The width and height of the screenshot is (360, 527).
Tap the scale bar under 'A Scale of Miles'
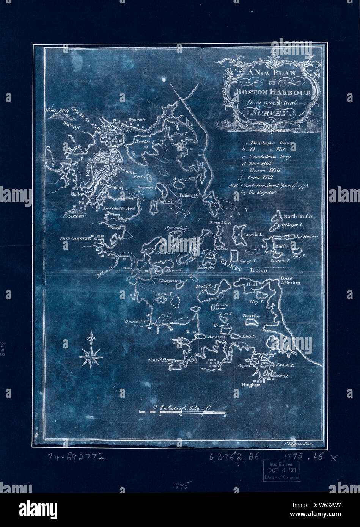182,413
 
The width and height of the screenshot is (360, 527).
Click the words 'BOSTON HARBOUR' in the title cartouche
267,92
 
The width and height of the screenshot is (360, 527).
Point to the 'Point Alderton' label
290,281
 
